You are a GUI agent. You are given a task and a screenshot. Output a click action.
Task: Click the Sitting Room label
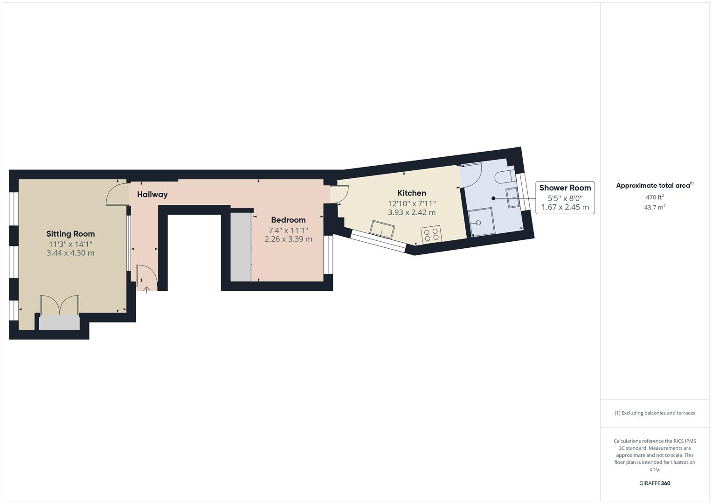[70, 234]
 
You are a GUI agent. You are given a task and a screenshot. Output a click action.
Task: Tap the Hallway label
[152, 195]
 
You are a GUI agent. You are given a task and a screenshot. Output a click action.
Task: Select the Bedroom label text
[288, 220]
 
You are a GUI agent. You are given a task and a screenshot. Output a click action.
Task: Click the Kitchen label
[411, 193]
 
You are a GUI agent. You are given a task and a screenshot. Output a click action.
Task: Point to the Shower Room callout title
[565, 188]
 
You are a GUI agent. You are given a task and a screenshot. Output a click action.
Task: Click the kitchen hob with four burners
[431, 234]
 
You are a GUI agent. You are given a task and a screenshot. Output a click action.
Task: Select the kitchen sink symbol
[382, 229]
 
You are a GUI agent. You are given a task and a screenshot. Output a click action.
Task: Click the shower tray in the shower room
[480, 222]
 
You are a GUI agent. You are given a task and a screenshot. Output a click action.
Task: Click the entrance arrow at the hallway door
[147, 290]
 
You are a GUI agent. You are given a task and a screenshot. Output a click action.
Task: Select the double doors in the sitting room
[59, 306]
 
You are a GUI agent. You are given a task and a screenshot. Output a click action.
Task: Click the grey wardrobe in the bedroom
[241, 247]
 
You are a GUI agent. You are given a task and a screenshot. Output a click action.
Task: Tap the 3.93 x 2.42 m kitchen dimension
[411, 212]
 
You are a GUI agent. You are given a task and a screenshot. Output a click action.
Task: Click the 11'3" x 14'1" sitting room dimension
[70, 244]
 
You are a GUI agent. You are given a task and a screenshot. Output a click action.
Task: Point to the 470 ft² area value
[654, 197]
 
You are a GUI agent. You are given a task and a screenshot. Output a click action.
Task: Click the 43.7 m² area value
[654, 207]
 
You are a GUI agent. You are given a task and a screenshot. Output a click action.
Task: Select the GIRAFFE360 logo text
[654, 483]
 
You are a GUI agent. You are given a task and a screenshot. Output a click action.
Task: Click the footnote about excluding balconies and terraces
[654, 413]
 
